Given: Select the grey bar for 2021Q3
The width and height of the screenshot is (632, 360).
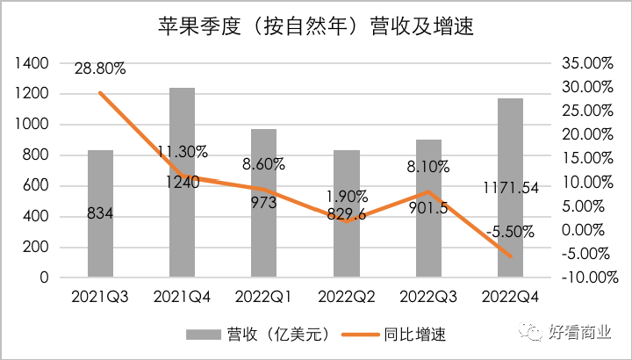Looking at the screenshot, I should (x=100, y=246).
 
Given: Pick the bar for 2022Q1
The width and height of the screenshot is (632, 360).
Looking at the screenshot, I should (x=263, y=246).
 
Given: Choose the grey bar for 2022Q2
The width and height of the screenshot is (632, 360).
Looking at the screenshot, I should (x=346, y=255).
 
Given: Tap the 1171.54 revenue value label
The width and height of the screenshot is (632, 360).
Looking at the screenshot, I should (x=510, y=186).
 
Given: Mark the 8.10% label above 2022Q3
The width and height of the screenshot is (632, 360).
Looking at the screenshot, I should (x=427, y=165).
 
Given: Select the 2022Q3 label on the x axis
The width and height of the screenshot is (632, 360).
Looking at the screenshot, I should (x=427, y=298).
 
